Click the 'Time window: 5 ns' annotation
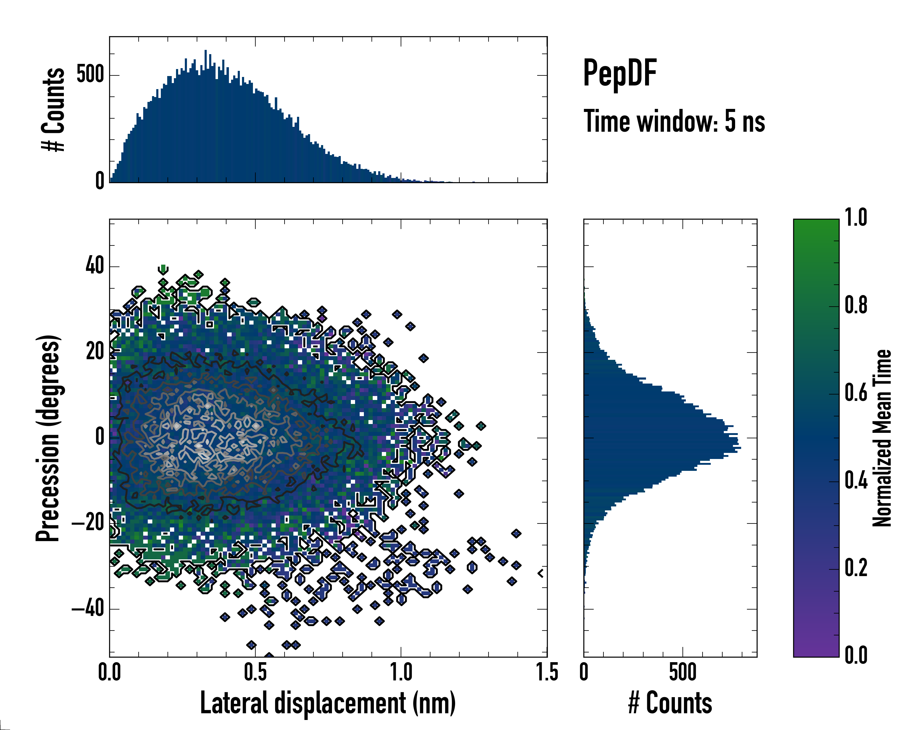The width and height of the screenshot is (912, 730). (674, 121)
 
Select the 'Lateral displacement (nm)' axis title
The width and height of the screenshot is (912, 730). (328, 703)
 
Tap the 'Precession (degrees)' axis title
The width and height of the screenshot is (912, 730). (48, 438)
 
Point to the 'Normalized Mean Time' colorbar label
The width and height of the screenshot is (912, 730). (882, 438)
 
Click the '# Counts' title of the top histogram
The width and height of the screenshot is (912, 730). (53, 109)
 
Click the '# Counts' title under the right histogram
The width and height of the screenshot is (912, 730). (670, 703)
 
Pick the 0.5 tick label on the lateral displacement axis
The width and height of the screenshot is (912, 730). (255, 673)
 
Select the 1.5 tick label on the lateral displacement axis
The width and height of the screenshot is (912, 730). (547, 673)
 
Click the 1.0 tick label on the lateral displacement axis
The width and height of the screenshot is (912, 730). (401, 673)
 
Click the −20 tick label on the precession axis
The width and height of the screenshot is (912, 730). (88, 523)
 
